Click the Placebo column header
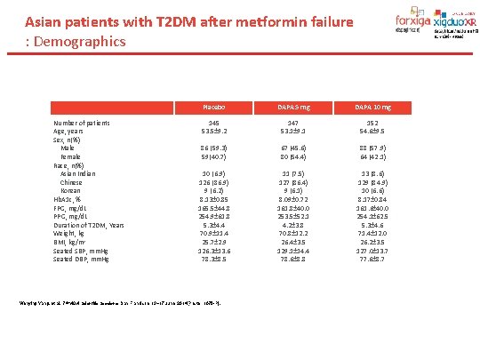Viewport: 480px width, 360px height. point(213,107)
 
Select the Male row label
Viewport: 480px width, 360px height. point(68,148)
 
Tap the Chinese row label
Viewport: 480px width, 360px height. point(71,182)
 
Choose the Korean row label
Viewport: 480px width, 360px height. point(70,191)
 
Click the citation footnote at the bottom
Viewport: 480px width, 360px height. point(120,305)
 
